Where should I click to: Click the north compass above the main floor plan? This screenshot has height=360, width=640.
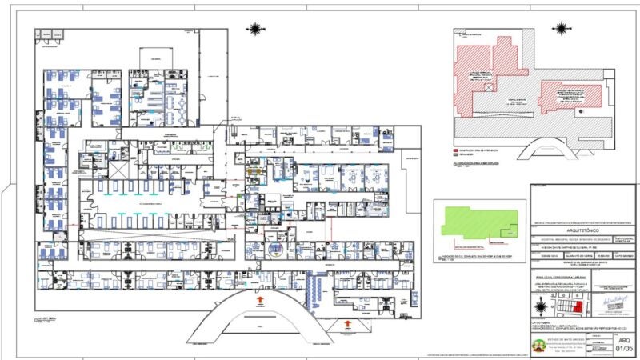tap(255, 30)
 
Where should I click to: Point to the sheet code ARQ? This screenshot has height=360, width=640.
tap(625, 340)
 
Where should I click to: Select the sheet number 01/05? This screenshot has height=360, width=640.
tap(625, 350)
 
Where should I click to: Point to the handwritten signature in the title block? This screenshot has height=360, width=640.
tap(612, 299)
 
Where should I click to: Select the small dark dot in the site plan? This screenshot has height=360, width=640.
tap(583, 111)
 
